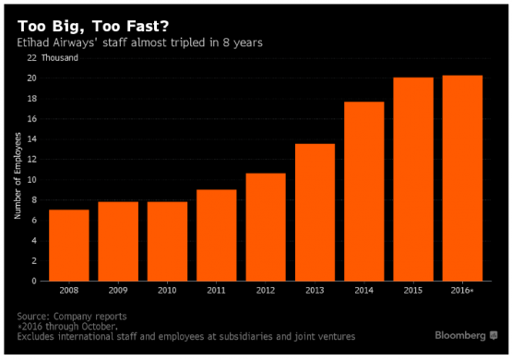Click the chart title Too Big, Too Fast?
click(93, 27)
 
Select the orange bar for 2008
click(69, 246)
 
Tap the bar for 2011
click(217, 235)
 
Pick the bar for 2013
click(315, 212)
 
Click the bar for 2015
click(413, 179)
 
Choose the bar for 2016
click(462, 178)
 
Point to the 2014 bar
click(364, 191)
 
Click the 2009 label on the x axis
click(118, 290)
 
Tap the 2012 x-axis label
click(266, 290)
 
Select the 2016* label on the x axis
click(462, 290)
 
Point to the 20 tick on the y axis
click(31, 78)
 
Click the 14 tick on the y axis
click(31, 139)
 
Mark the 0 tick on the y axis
click(34, 281)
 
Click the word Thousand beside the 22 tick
click(60, 58)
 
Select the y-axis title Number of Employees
click(18, 175)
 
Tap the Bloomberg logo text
click(460, 335)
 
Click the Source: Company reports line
click(72, 317)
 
